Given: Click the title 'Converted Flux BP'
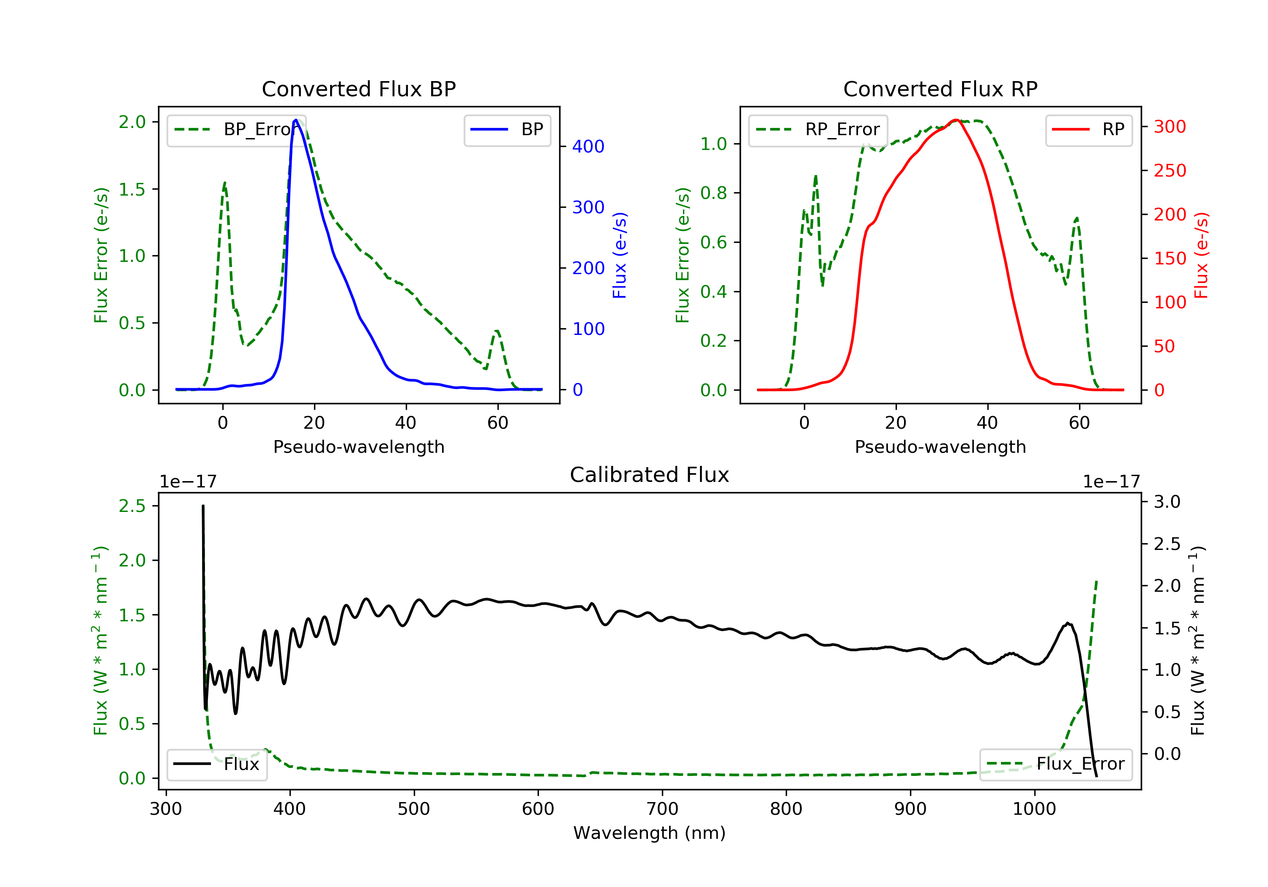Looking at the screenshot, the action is coord(358,89).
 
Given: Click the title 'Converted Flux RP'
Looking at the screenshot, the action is coord(940,89).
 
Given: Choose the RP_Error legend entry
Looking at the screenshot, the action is coord(817,130).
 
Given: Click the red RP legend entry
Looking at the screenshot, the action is coord(1088,130).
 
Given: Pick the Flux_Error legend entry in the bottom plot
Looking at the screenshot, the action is coord(1055,764).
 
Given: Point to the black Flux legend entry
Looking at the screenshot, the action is coord(216,764).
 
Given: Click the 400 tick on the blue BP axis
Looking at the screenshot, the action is coord(588,146).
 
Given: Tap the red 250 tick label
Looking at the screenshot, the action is coord(1170,171).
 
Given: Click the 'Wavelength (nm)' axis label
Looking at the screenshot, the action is coord(650,833).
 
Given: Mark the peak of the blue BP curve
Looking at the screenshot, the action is coord(296,120).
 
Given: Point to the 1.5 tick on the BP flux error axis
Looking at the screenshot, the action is coord(132,189).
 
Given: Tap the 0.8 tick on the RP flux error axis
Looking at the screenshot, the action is coord(713,193).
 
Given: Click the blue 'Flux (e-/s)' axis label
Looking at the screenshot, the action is coord(620,255).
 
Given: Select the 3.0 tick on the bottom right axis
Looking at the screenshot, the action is coord(1167,502).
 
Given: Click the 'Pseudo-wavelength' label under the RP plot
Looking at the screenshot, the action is coord(940,446).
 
